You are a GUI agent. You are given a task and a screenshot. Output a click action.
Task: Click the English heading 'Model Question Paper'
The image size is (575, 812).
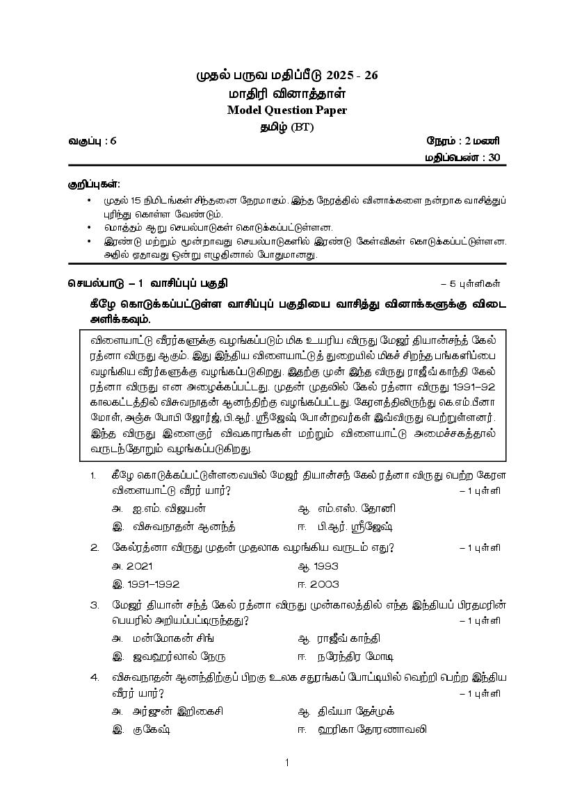286,110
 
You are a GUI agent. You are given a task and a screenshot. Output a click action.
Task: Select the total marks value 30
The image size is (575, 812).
494,157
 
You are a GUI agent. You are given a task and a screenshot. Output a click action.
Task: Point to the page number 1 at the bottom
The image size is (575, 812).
286,763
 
